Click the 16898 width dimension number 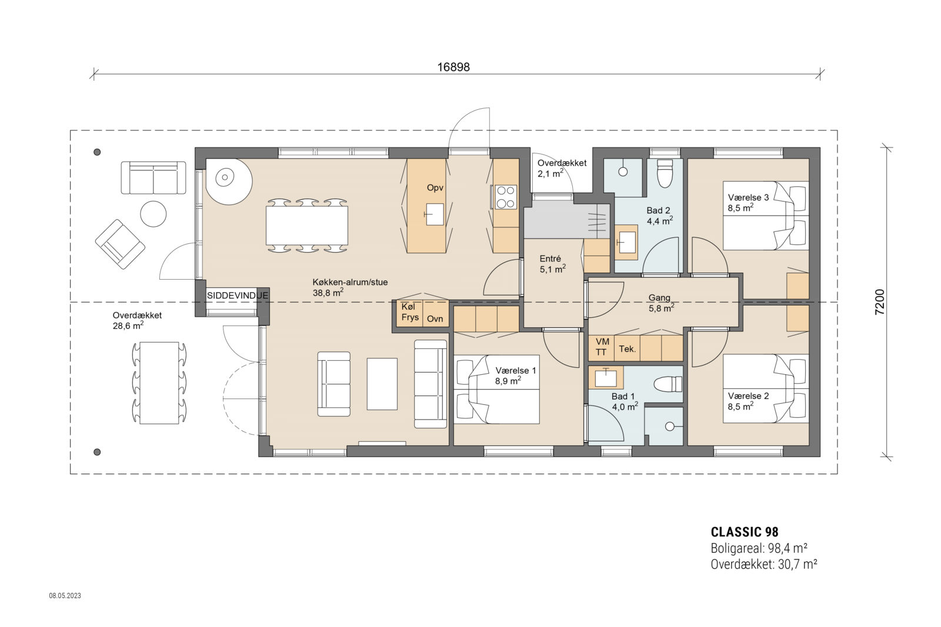[x=453, y=67]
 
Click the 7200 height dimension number [x=880, y=302]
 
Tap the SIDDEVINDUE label [x=238, y=296]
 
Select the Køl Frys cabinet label [x=410, y=312]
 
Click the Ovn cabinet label [x=435, y=318]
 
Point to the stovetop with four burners [x=505, y=197]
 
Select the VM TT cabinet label [x=602, y=347]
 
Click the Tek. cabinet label [x=627, y=349]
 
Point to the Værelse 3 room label [x=748, y=202]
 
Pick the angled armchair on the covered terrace [x=121, y=244]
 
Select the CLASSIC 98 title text [x=744, y=532]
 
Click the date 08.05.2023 [x=65, y=595]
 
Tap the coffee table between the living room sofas [x=382, y=384]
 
